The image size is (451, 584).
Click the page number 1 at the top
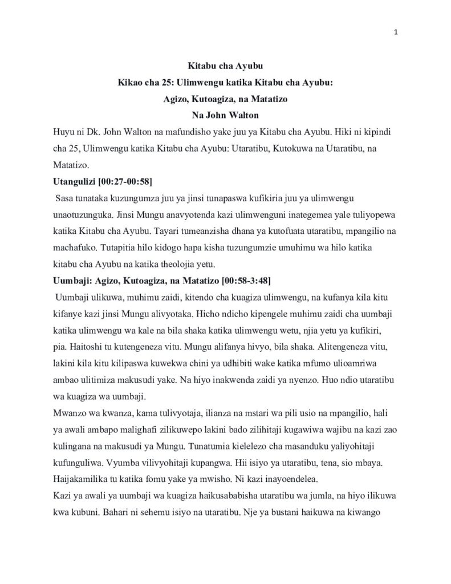[396, 32]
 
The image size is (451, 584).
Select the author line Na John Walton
[225, 115]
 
